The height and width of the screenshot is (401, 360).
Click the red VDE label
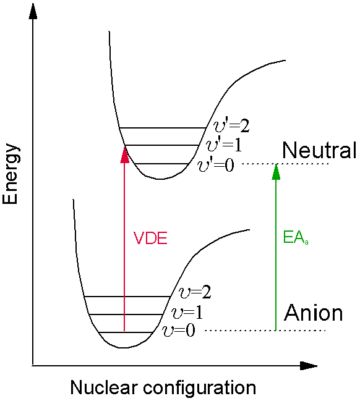coord(150,238)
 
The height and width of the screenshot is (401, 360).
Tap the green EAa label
coord(296,238)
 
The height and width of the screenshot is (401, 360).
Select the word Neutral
coord(319,150)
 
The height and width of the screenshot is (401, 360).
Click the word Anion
coord(314,313)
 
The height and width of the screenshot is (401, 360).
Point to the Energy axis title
coord(11,174)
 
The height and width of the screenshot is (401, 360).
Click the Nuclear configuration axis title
coord(163,388)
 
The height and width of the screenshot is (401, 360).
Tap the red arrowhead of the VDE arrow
coord(125,154)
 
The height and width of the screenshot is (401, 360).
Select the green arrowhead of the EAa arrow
coord(276,172)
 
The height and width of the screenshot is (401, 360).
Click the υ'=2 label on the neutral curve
coord(231,125)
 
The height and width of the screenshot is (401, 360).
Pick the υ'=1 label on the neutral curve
coord(224,145)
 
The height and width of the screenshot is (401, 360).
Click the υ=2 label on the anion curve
coord(195,292)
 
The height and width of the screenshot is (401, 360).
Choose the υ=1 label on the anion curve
coord(187,312)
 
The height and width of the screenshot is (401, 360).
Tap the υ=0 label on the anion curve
coord(179,330)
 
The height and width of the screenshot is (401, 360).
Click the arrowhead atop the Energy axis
coord(33,12)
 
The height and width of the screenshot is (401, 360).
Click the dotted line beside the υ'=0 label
coord(285,164)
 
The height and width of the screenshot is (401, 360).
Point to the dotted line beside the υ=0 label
coord(265,331)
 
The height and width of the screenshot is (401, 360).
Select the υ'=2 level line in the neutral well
coord(163,128)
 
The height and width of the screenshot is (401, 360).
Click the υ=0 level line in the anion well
coord(126,332)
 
